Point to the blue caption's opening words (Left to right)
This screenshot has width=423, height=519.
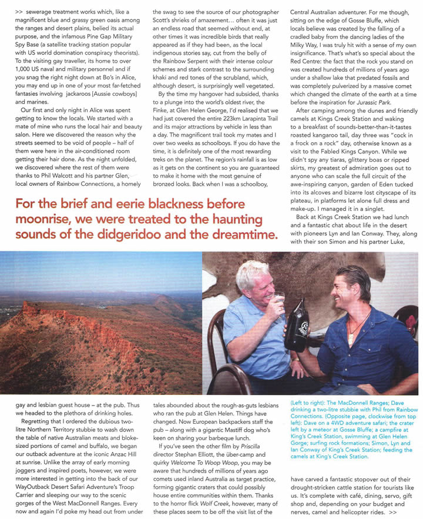point(309,404)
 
